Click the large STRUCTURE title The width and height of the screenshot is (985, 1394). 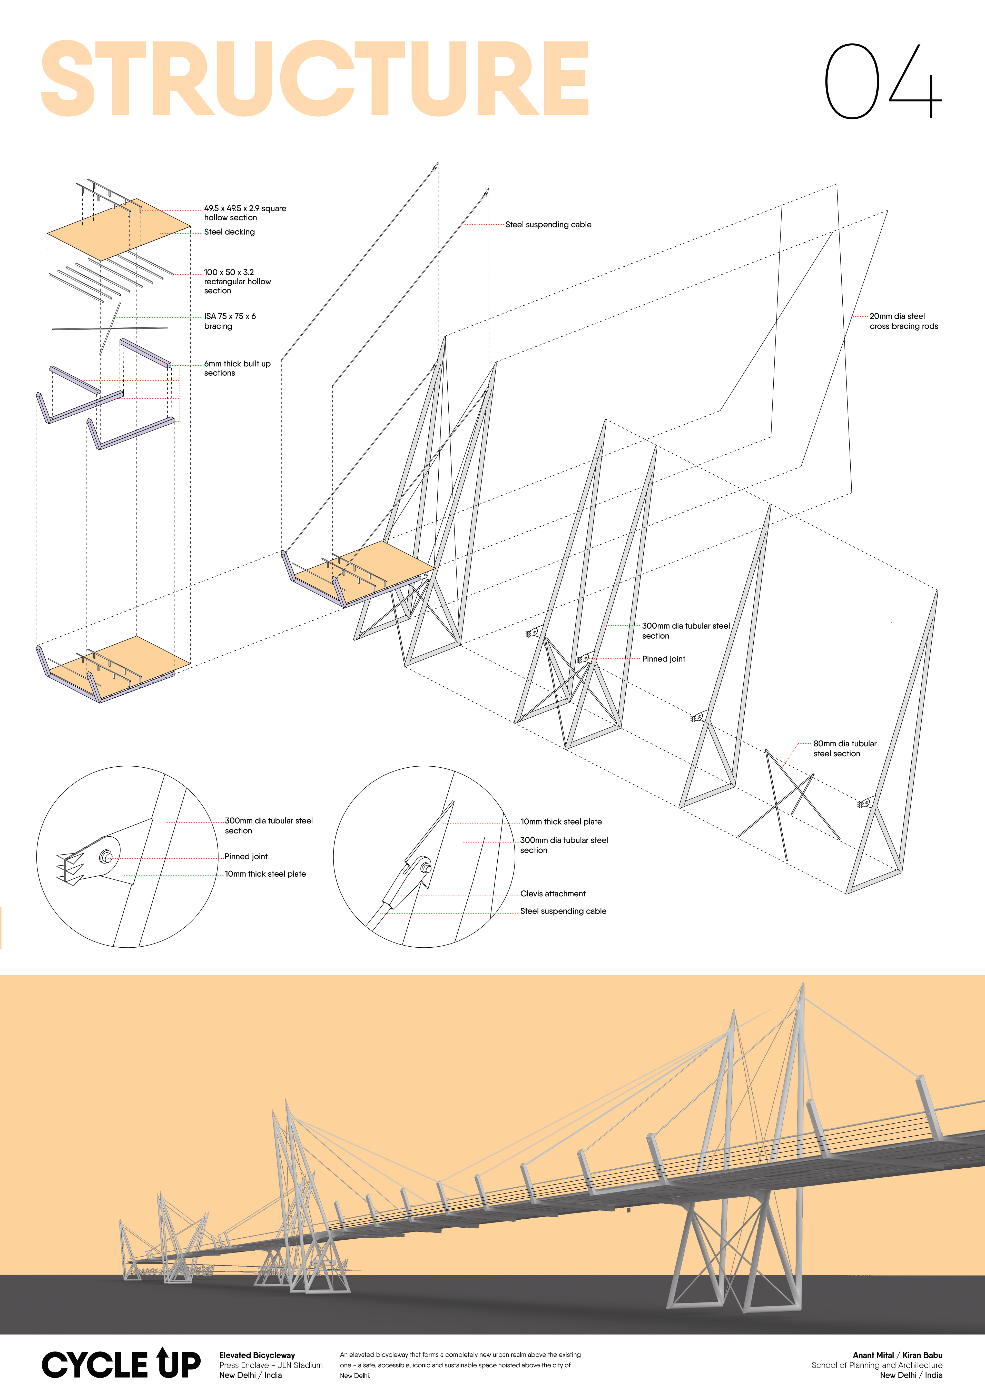tap(314, 79)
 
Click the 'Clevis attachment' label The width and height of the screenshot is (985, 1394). tap(553, 894)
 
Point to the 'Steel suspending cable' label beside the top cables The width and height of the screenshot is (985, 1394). tap(548, 225)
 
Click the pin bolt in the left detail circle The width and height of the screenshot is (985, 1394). tap(106, 857)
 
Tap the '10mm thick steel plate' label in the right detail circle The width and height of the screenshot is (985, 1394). tap(560, 822)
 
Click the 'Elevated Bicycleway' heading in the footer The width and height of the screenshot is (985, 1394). tap(257, 1355)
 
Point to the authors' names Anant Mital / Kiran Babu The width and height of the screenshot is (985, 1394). tap(897, 1355)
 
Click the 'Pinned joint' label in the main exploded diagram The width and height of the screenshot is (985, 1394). tap(663, 659)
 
